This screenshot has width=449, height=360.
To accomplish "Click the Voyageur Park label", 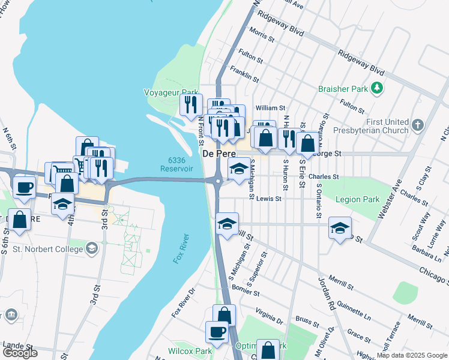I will (170, 92).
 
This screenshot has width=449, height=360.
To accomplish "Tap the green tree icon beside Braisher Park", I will (377, 89).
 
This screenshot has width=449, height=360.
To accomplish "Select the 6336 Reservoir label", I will (176, 164).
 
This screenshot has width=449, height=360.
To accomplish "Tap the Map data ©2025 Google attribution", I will (412, 355).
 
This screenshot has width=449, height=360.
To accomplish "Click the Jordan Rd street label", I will (327, 292).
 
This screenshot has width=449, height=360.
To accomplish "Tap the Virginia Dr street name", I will (268, 316).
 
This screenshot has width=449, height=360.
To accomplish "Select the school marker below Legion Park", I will (340, 229).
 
